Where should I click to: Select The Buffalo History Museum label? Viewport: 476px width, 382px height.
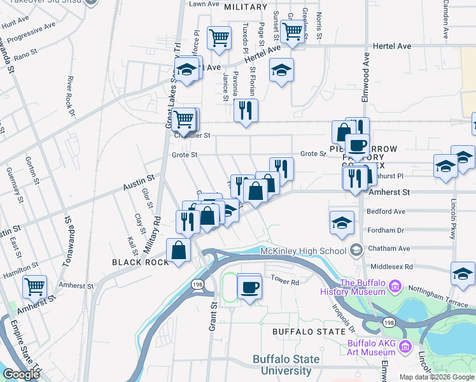[x=363, y=287]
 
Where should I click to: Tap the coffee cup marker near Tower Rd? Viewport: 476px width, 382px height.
[x=249, y=286]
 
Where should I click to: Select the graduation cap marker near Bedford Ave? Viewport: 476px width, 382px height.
[x=342, y=223]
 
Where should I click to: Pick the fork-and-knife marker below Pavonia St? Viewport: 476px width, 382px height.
[x=245, y=110]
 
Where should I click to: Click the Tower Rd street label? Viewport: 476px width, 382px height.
[x=284, y=281]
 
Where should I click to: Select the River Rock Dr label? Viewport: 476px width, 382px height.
[x=70, y=99]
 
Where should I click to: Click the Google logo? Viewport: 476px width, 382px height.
[x=21, y=374]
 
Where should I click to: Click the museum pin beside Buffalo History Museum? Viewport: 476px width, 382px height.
[x=395, y=287]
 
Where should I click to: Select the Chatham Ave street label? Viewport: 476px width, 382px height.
[x=388, y=248]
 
